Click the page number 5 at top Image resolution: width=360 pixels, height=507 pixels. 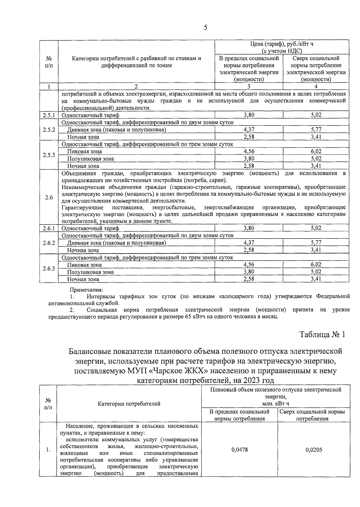click(x=205, y=28)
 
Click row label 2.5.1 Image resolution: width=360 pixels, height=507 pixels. click(x=49, y=115)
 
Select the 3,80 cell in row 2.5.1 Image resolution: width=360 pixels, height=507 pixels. click(x=249, y=115)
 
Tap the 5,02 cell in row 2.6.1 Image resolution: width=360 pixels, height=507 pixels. click(x=316, y=228)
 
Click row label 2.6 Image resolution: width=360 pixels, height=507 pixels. click(x=49, y=198)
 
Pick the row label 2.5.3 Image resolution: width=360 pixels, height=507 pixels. click(x=49, y=155)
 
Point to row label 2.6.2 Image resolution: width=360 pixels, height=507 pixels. click(x=49, y=243)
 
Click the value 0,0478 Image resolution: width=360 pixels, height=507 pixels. click(x=240, y=450)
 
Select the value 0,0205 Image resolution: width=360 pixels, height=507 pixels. click(x=314, y=450)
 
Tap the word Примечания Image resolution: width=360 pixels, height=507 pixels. click(x=86, y=290)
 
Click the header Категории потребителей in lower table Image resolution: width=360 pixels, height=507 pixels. click(x=129, y=404)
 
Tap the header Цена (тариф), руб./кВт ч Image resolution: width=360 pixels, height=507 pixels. click(x=282, y=44)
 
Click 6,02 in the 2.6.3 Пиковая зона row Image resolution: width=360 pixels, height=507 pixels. click(x=316, y=264)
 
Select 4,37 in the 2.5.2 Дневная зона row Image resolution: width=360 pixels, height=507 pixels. click(x=249, y=130)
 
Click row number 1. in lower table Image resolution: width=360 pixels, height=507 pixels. click(x=48, y=450)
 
